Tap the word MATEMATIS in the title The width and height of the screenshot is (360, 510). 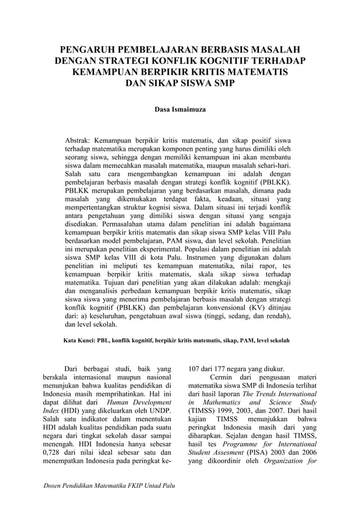[x=257, y=73]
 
